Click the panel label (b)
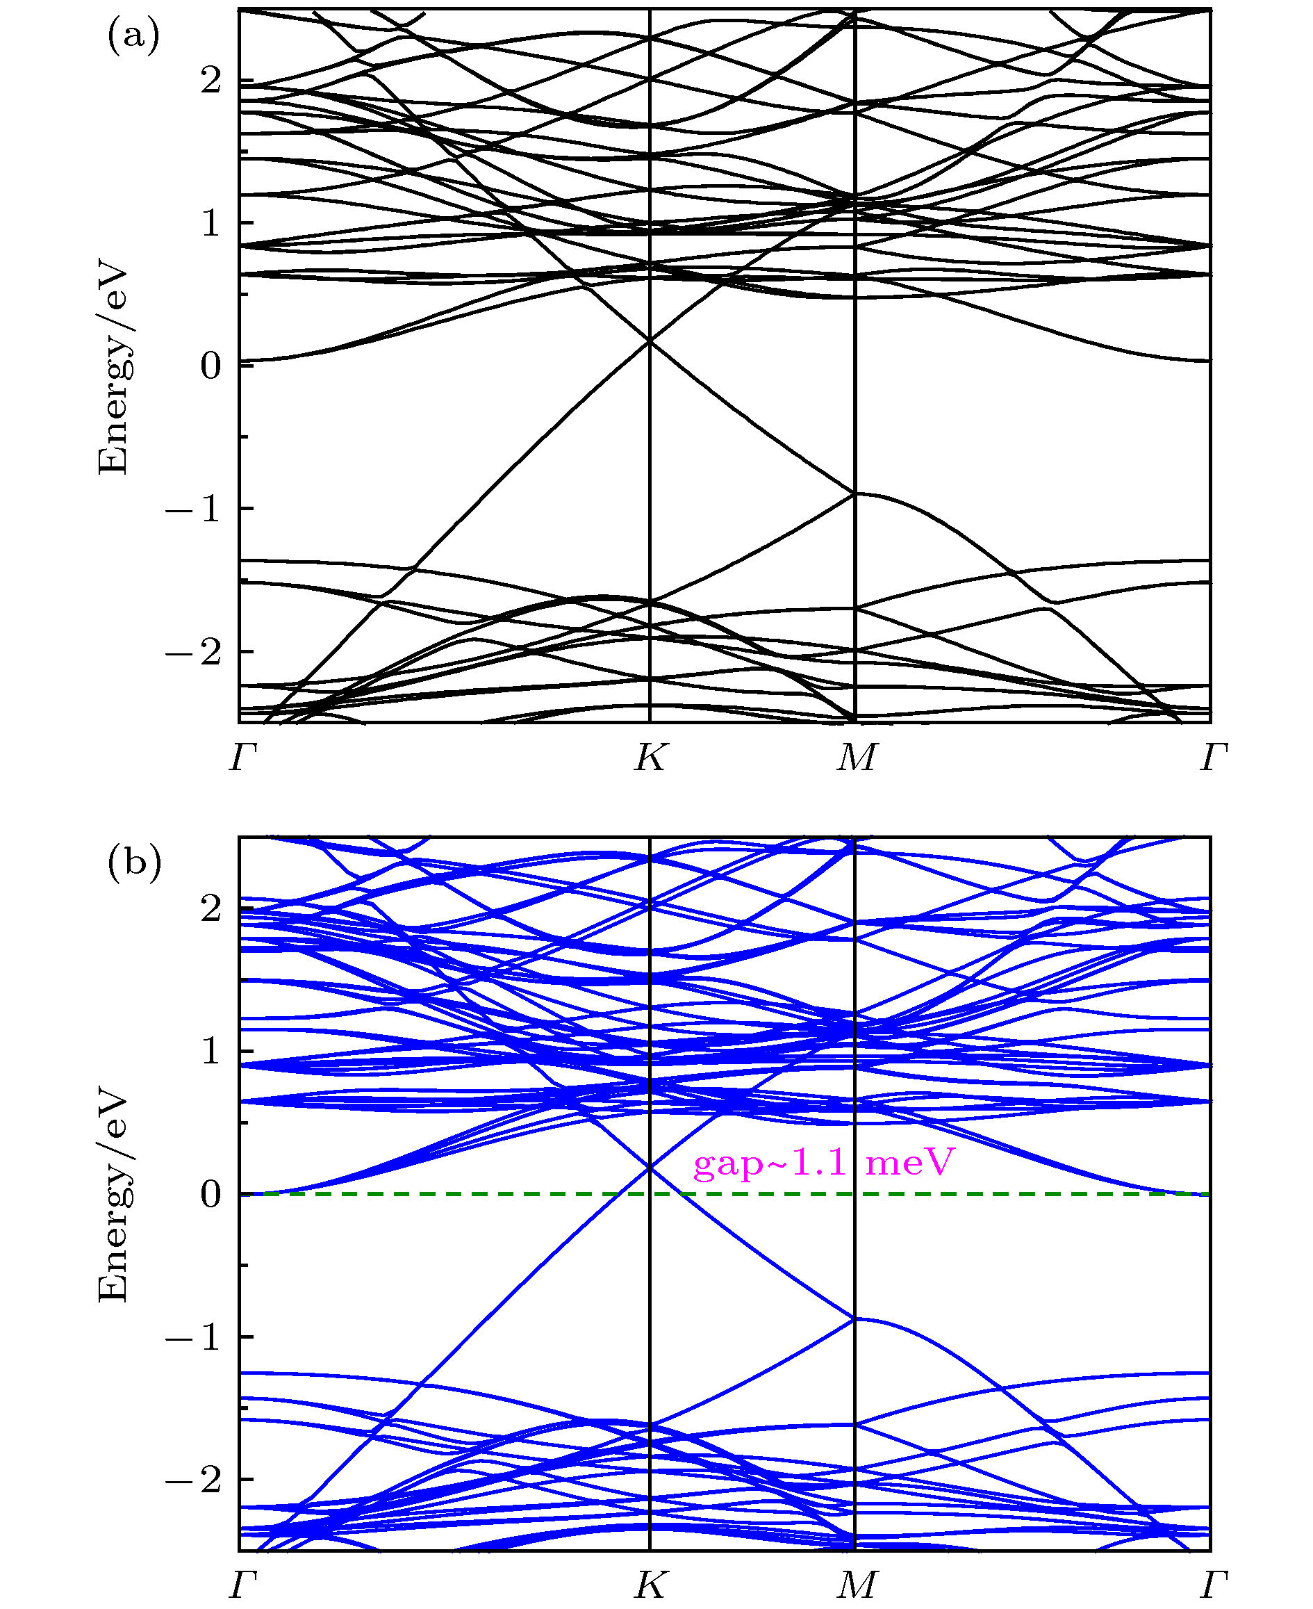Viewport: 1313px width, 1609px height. tap(135, 863)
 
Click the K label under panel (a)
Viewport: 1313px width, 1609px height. tap(650, 757)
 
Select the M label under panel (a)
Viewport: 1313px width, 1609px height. tap(856, 757)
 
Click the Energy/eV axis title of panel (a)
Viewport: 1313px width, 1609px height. tap(113, 371)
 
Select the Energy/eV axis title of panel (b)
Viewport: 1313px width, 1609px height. tap(113, 1198)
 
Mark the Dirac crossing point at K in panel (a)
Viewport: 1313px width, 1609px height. tap(650, 341)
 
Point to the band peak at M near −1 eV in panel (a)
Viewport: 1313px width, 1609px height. tap(854, 493)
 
